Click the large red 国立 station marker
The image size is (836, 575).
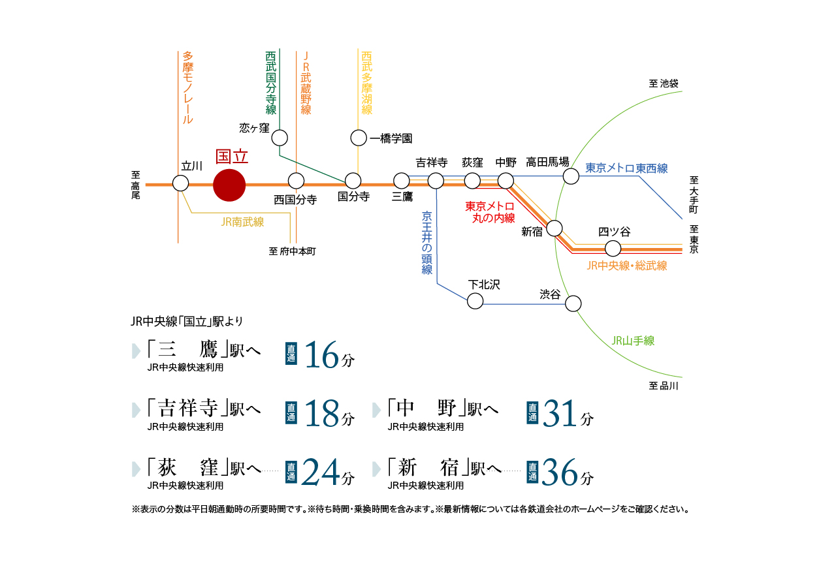(x=229, y=185)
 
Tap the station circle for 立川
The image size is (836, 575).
(x=181, y=183)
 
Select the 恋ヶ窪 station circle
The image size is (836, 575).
(x=280, y=138)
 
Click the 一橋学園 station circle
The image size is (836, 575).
(x=359, y=138)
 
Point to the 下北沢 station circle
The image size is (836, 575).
(x=475, y=301)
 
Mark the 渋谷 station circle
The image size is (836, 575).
(x=573, y=303)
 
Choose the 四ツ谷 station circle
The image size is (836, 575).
(x=613, y=248)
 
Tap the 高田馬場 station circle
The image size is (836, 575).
(x=571, y=176)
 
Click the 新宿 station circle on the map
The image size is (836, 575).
(x=555, y=228)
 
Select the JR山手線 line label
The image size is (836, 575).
(x=633, y=341)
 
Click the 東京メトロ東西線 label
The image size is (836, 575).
(x=626, y=168)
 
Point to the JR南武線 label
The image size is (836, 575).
(x=242, y=223)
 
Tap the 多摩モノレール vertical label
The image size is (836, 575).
(x=188, y=88)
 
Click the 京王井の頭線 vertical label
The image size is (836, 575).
(x=427, y=242)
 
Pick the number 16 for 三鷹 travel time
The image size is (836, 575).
(x=322, y=356)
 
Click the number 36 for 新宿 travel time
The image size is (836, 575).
(x=560, y=473)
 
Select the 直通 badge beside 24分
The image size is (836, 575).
(x=291, y=473)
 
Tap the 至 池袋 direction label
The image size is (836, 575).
(x=664, y=84)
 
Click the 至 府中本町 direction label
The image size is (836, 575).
(x=292, y=251)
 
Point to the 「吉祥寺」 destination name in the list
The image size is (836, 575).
(x=191, y=409)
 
